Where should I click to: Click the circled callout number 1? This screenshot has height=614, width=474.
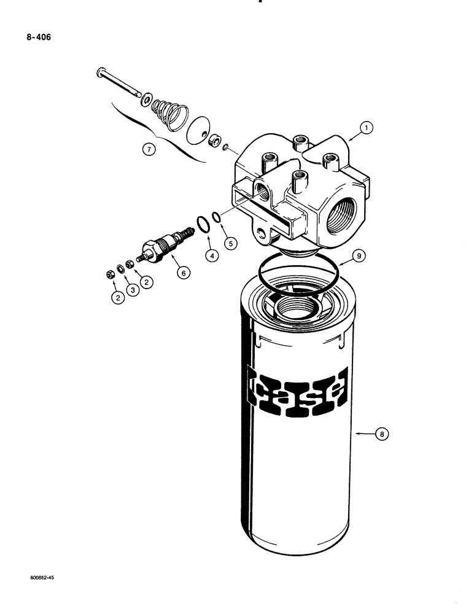pos(366,128)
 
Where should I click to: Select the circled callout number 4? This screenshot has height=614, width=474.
pos(211,255)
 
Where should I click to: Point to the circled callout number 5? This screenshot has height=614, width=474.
pos(231,244)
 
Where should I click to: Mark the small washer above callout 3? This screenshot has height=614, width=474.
pos(121,270)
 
